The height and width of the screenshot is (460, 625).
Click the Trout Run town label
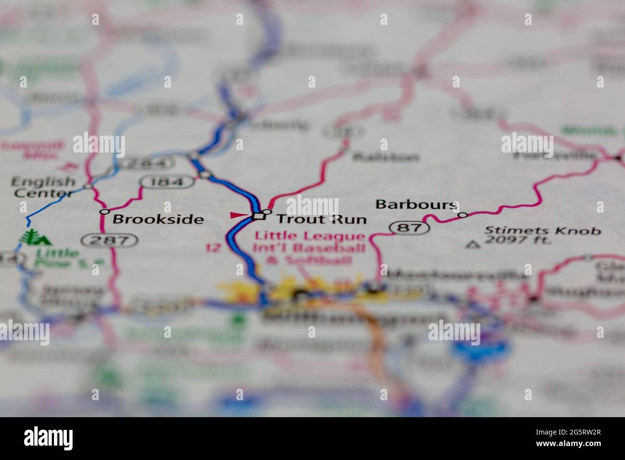click(x=321, y=219)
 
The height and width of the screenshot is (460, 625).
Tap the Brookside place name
click(x=158, y=220)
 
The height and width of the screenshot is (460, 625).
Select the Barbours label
click(x=415, y=204)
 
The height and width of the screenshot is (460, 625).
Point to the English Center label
click(x=43, y=187)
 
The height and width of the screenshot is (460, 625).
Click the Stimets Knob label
click(x=543, y=230)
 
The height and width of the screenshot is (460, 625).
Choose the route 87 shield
click(x=409, y=228)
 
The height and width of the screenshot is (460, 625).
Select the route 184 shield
click(x=168, y=182)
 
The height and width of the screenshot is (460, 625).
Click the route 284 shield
click(x=146, y=164)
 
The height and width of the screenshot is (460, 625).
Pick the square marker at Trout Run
click(x=259, y=216)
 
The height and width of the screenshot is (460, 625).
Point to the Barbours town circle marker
click(x=462, y=215)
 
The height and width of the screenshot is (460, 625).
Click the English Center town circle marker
click(x=87, y=185)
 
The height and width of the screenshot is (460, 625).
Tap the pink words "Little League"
click(x=310, y=236)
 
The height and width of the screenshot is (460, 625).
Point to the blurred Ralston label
click(x=385, y=157)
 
